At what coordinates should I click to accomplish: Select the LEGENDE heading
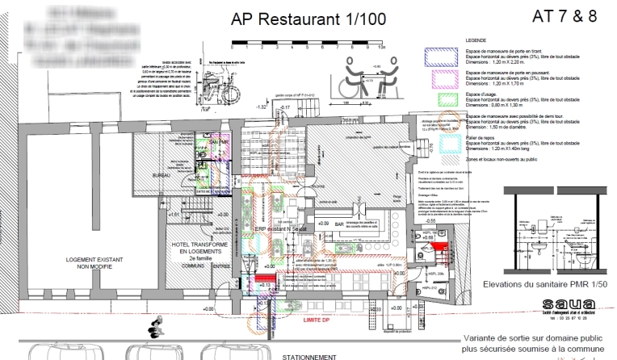tap(476, 40)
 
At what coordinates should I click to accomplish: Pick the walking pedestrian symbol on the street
tap(152, 329)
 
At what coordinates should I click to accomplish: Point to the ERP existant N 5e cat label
tap(278, 229)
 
